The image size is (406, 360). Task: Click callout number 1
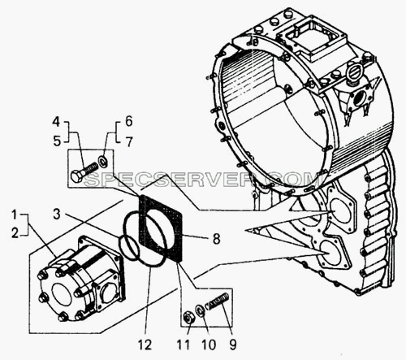click(15, 215)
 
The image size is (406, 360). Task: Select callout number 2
click(15, 233)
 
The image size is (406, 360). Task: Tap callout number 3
click(56, 214)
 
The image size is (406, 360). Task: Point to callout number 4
click(56, 122)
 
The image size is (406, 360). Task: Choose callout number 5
click(57, 141)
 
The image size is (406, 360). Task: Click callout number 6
click(128, 121)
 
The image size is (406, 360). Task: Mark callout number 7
click(129, 141)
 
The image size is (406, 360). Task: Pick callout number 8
click(216, 239)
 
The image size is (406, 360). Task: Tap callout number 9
click(232, 345)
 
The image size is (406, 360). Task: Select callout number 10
click(208, 345)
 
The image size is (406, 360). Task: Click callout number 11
click(184, 345)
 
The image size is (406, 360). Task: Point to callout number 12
click(145, 345)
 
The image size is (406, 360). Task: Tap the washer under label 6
click(103, 162)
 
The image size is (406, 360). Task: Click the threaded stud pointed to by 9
click(218, 300)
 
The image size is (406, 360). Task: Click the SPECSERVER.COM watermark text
click(201, 179)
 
